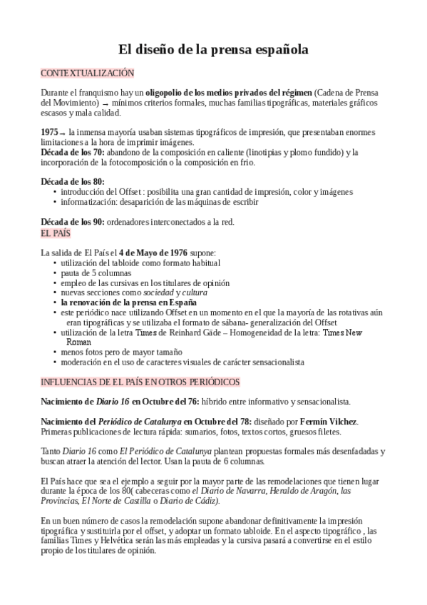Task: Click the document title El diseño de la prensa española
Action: pyautogui.click(x=213, y=50)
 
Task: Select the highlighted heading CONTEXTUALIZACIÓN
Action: pyautogui.click(x=87, y=73)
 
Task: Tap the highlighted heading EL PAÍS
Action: pyautogui.click(x=56, y=233)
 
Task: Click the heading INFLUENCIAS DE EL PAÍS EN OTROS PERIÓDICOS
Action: pyautogui.click(x=140, y=382)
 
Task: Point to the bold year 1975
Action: pyautogui.click(x=50, y=133)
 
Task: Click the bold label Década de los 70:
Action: pyautogui.click(x=73, y=152)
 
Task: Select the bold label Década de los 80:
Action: pyautogui.click(x=73, y=182)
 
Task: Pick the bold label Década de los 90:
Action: pyautogui.click(x=73, y=222)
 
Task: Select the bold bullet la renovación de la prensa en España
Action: pyautogui.click(x=128, y=302)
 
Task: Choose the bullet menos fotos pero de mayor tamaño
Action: pyautogui.click(x=121, y=352)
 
